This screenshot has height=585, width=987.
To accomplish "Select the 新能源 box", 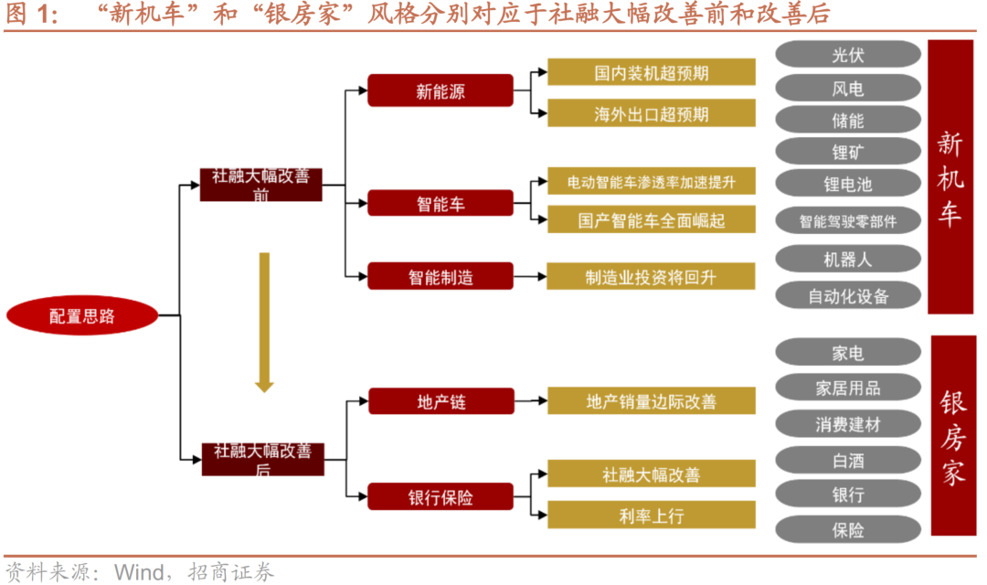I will tap(440, 91).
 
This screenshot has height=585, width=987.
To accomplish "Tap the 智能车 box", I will tap(440, 204).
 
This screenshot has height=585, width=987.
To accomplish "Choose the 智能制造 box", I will tap(440, 276).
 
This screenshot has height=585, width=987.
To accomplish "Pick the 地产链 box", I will tap(440, 401).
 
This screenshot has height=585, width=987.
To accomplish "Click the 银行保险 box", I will tap(440, 497).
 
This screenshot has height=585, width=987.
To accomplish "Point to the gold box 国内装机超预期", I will tap(651, 72).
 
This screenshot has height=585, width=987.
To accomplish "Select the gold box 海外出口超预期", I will tap(651, 113).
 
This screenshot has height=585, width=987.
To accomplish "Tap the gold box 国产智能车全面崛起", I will tap(651, 219).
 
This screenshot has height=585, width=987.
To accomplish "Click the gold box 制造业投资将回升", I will tap(651, 276).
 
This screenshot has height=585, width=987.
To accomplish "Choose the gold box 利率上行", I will tap(651, 516).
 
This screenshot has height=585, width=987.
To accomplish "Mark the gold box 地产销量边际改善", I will tap(651, 401).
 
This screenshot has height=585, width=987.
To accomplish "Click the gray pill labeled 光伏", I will tap(847, 55).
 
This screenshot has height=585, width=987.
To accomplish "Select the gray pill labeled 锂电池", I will tap(847, 184).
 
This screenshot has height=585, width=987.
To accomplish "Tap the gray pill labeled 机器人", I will tap(847, 259).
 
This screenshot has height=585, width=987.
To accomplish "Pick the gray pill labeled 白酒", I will tap(847, 460).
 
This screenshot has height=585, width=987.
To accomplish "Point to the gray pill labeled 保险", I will tap(847, 529).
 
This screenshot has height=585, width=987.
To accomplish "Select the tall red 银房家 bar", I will tap(952, 436).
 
